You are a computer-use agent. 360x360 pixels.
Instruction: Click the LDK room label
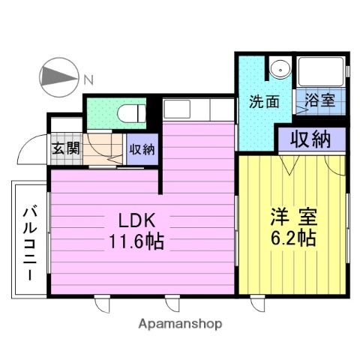tap(137, 221)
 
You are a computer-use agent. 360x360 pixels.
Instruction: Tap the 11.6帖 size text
tap(137, 241)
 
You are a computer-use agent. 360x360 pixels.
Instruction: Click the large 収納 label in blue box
tap(311, 139)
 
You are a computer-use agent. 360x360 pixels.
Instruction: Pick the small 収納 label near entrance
tap(142, 148)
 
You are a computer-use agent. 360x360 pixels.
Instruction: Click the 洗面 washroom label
tap(265, 102)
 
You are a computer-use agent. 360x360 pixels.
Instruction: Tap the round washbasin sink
tap(280, 68)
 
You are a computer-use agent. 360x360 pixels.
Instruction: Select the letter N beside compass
tap(88, 78)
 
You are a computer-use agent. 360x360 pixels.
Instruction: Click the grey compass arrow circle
tap(58, 77)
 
